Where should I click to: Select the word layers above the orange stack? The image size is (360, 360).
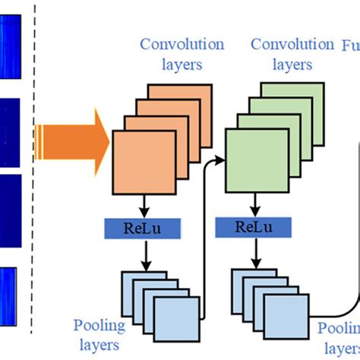[x=182, y=65]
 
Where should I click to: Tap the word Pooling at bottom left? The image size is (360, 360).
[x=99, y=327]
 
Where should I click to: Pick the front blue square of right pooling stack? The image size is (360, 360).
[x=286, y=314]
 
